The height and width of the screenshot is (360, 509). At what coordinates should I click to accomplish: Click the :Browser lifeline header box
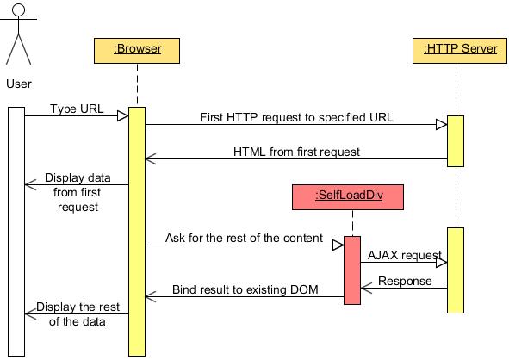click(x=137, y=50)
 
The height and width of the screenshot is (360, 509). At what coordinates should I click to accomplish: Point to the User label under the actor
click(x=19, y=84)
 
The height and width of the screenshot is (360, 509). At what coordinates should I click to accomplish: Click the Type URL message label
click(x=76, y=109)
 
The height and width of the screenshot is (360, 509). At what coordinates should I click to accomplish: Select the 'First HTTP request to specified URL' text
click(x=296, y=117)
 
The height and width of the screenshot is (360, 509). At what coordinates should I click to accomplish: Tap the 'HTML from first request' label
click(x=296, y=151)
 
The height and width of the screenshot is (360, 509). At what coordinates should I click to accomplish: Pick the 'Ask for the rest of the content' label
click(x=244, y=238)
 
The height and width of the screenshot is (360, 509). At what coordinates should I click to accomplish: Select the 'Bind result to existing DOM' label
click(x=245, y=289)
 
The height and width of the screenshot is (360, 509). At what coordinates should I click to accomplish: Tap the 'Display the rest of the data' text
click(x=78, y=314)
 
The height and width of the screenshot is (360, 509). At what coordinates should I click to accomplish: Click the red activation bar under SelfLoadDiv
click(x=351, y=270)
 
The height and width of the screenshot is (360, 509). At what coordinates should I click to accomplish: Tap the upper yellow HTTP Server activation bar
click(x=455, y=140)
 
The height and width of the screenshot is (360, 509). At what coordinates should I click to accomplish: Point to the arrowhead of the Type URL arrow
click(x=123, y=115)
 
